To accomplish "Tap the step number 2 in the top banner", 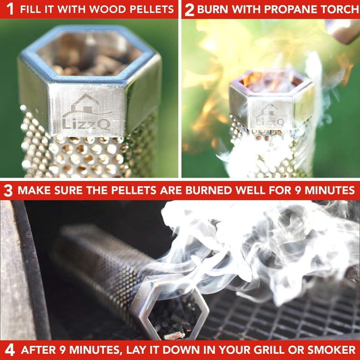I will click(x=190, y=9).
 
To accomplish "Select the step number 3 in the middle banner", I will click(x=8, y=190).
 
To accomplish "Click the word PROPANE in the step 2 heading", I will click(x=283, y=9).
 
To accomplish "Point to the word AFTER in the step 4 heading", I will click(x=40, y=350).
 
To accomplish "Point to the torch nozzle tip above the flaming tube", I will click(x=341, y=30).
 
